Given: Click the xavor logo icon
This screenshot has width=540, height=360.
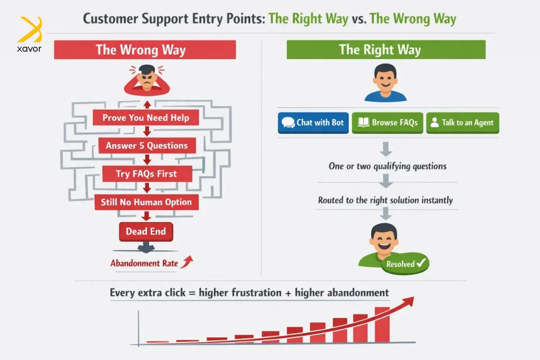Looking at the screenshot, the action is click(x=30, y=30).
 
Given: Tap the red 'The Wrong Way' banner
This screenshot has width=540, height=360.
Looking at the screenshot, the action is click(x=145, y=49).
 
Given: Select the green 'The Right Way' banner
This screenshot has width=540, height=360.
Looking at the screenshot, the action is click(x=386, y=49).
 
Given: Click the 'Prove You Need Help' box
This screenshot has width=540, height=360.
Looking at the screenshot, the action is click(x=146, y=118).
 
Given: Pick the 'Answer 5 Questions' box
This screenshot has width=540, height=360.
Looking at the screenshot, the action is click(x=147, y=145).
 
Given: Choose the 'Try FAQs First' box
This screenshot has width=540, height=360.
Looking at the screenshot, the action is click(x=147, y=174).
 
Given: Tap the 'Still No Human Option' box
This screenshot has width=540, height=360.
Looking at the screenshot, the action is click(x=146, y=202).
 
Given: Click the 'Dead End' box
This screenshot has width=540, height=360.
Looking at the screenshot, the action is click(x=146, y=231).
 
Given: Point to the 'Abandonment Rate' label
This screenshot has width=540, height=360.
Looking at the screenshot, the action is click(x=145, y=263).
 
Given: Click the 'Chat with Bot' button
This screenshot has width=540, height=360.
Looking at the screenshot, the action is click(x=313, y=123).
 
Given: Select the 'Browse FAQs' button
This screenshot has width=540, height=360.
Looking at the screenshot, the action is click(x=388, y=123).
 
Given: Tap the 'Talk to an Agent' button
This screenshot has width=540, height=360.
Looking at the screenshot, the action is click(x=462, y=123).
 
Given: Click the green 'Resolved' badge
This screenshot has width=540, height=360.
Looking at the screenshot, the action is click(x=406, y=264).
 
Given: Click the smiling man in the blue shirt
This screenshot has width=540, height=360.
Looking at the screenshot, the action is click(x=385, y=83).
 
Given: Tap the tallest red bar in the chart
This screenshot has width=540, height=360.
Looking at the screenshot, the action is click(x=382, y=325).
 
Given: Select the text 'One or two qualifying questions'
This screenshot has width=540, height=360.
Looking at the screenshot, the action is click(x=388, y=166).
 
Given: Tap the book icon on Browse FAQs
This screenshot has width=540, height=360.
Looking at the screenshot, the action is click(x=363, y=122).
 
